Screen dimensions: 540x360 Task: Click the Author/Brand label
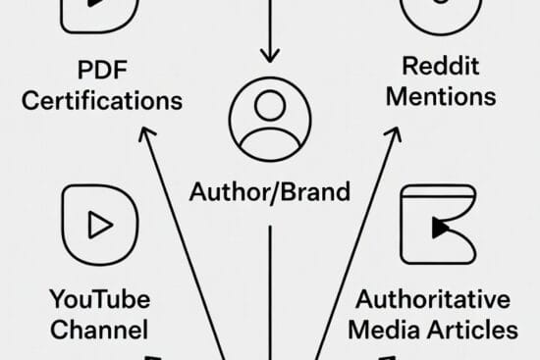pos(269,191)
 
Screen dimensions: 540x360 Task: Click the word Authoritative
pos(432,298)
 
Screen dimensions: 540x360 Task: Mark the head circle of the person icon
pos(269,111)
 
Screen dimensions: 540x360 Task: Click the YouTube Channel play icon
pos(98,224)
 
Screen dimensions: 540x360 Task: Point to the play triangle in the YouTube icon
pos(99,225)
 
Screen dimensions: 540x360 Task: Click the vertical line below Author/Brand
pos(269,284)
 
